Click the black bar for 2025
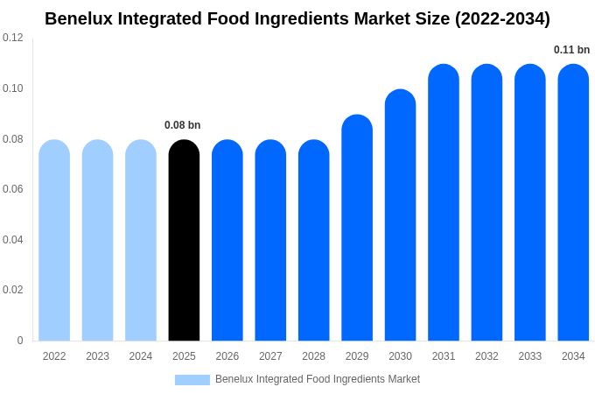point(184,241)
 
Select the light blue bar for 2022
point(54,241)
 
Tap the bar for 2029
point(357,228)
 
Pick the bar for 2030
point(400,215)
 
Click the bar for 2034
point(573,202)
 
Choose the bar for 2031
point(444,202)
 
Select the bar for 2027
point(270,241)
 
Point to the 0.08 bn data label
point(183,125)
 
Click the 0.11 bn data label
point(572,50)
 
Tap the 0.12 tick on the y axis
point(13,38)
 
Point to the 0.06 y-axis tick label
point(13,189)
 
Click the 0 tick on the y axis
point(20,341)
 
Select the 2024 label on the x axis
point(141,356)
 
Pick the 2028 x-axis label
point(313,356)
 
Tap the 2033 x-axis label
point(529,356)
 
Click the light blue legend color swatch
point(192,379)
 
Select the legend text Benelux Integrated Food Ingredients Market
point(318,379)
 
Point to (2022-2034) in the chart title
point(502,18)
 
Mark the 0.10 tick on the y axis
point(13,88)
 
